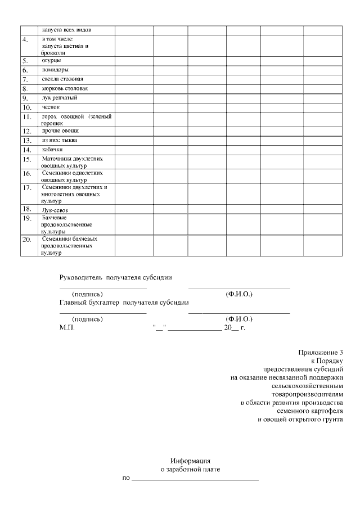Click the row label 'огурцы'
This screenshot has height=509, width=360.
click(x=52, y=60)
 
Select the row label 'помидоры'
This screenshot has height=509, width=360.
click(x=55, y=70)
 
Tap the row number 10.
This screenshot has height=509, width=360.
click(x=26, y=107)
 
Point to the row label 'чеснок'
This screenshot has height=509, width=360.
click(x=51, y=106)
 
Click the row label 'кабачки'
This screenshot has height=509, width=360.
click(x=52, y=150)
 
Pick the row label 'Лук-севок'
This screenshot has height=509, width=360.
click(x=55, y=210)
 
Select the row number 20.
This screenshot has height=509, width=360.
click(x=26, y=241)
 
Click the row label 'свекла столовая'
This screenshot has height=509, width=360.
click(x=62, y=79)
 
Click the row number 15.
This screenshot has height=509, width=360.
click(x=26, y=160)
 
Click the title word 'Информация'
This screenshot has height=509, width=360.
click(x=190, y=460)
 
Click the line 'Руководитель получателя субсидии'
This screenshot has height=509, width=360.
click(x=116, y=277)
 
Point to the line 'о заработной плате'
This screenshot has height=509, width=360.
click(x=191, y=469)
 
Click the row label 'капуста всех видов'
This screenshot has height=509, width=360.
click(x=63, y=29)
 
